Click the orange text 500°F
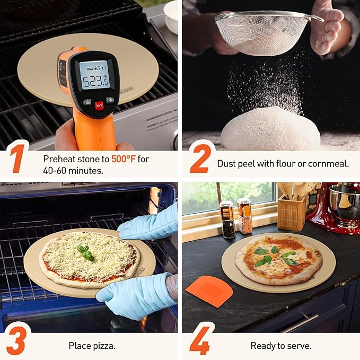124,159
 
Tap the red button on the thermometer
99,104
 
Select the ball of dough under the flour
270,130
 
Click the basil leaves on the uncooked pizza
85,252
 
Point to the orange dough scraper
209,291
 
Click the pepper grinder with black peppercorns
227,219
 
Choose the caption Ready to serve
280,346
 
